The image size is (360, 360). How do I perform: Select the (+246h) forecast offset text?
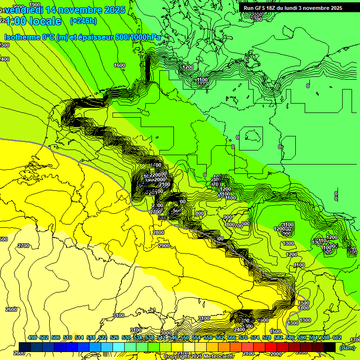pyautogui.click(x=83, y=21)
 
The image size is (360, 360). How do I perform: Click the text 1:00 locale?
pyautogui.click(x=33, y=21)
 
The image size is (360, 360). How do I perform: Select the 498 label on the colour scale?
pyautogui.click(x=32, y=337)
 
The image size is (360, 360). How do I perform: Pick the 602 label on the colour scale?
pyautogui.click(x=337, y=337)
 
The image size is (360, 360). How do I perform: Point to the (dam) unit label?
pyautogui.click(x=347, y=347)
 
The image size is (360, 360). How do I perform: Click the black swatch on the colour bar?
pyautogui.click(x=330, y=347)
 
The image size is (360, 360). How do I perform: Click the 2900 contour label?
pyautogui.click(x=164, y=246)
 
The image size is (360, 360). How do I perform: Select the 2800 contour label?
pyautogui.click(x=158, y=232)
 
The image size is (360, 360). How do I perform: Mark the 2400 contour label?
pyautogui.click(x=240, y=330)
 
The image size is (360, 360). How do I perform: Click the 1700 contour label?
pyautogui.click(x=355, y=339)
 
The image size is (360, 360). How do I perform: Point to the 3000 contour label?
pyautogui.click(x=166, y=332)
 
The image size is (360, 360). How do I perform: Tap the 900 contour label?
pyautogui.click(x=228, y=217)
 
